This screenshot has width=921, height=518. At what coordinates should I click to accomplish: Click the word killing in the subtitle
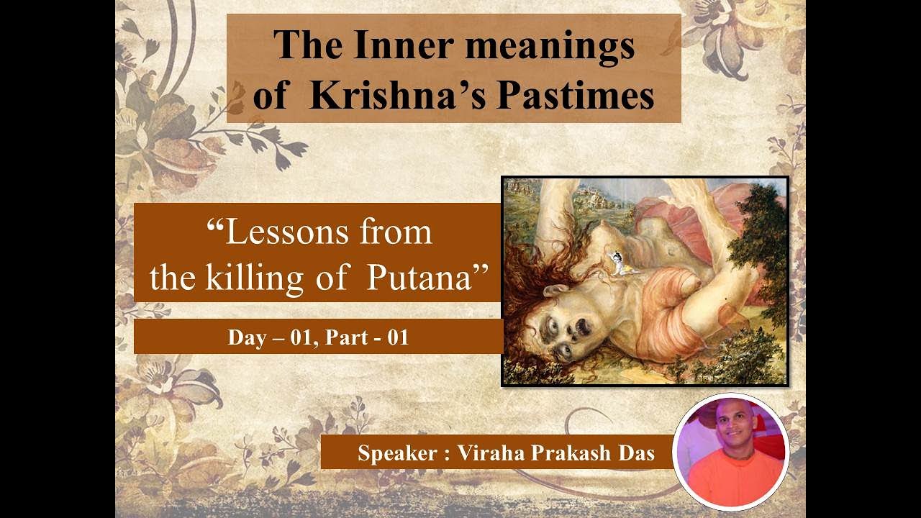point(257,278)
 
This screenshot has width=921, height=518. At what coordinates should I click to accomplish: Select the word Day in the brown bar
point(245,337)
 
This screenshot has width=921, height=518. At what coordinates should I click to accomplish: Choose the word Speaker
point(398,455)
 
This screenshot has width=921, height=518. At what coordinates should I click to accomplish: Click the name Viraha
point(489,455)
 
